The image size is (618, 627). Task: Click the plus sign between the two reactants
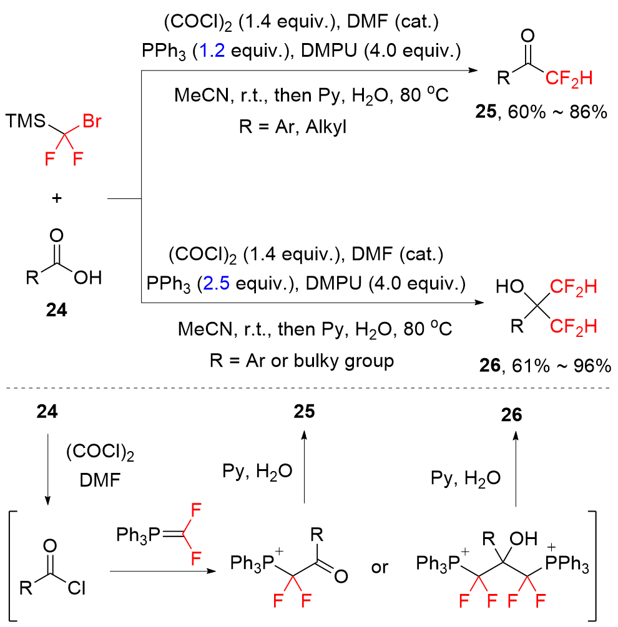point(57,198)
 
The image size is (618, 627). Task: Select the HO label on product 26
point(508,287)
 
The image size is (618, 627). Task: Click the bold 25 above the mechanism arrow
point(304,412)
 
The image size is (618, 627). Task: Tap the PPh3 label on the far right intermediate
point(568,566)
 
